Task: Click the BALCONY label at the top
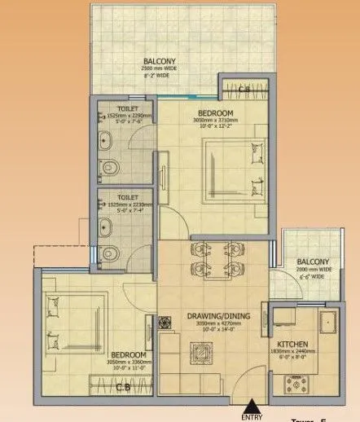(158, 61)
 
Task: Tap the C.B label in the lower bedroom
(123, 387)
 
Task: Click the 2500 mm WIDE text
(158, 68)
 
